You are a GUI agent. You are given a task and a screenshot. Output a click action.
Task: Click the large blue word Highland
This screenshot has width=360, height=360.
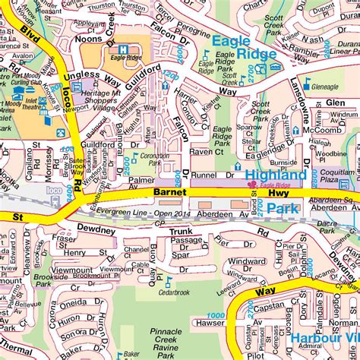pyautogui.click(x=276, y=175)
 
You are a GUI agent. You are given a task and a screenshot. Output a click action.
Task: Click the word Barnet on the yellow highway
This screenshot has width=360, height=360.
pyautogui.click(x=169, y=193)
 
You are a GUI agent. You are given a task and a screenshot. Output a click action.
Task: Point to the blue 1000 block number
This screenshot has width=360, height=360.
pyautogui.click(x=216, y=315)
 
